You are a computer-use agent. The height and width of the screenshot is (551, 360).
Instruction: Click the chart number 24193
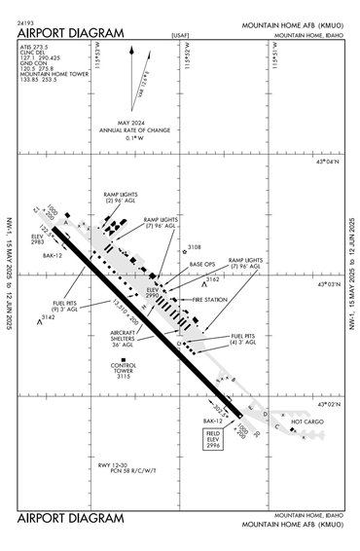[28, 20]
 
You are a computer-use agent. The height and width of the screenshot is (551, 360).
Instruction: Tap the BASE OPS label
[203, 265]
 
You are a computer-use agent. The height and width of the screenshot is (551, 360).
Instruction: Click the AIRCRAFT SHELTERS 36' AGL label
[124, 337]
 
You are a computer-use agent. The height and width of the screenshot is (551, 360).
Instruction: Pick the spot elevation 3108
[193, 248]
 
